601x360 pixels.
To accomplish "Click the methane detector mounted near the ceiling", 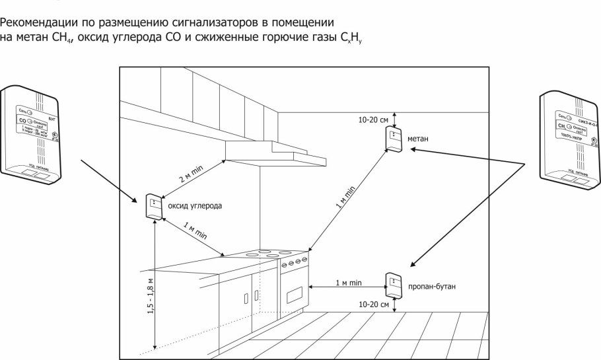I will (394, 141).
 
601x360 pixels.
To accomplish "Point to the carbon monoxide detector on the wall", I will (152, 206).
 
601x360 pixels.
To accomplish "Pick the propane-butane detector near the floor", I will (394, 285).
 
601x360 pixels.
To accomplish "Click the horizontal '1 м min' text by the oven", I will (347, 283).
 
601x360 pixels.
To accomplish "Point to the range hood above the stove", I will (276, 153).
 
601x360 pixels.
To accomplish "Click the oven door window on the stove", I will (295, 291).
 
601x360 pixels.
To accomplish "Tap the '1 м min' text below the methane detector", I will (349, 198).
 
